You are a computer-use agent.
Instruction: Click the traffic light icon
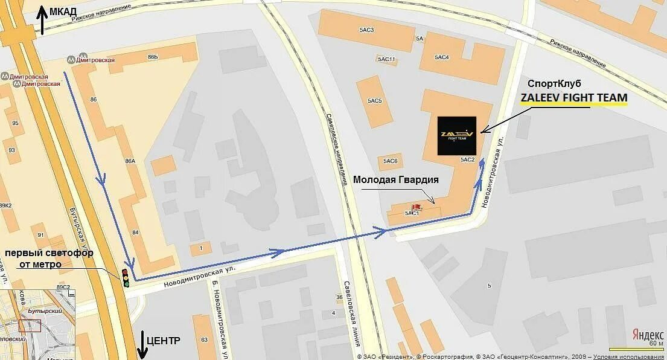tap(126, 277)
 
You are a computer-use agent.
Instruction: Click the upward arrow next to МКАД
tap(42, 20)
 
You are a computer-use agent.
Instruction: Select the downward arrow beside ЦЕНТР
tap(142, 345)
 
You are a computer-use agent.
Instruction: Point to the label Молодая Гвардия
tap(395, 180)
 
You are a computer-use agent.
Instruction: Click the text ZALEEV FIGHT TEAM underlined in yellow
tap(574, 98)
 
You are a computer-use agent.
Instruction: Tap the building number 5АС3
tap(366, 30)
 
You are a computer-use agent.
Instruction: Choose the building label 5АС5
tap(374, 100)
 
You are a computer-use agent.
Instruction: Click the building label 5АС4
tap(442, 57)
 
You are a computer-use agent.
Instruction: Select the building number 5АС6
tap(390, 161)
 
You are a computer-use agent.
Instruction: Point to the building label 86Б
tap(152, 57)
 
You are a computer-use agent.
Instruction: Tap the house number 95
tap(15, 123)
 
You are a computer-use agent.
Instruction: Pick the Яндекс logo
tap(648, 335)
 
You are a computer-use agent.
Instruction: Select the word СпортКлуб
tap(554, 83)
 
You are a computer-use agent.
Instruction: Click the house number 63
tap(204, 339)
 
